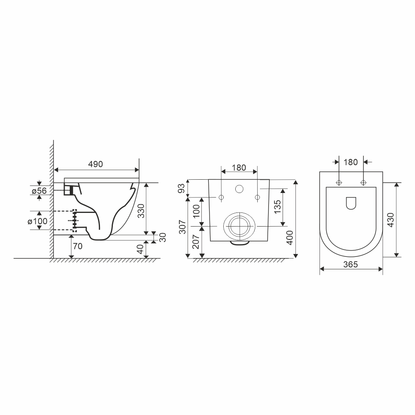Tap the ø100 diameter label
click(38, 221)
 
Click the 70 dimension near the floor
click(77, 246)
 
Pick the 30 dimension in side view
click(162, 237)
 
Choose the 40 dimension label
click(140, 249)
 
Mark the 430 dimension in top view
click(391, 220)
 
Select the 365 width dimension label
click(351, 265)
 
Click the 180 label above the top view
click(351, 162)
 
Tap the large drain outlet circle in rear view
click(237, 226)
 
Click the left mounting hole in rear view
click(221, 197)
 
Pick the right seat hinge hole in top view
click(363, 183)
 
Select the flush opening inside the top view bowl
click(351, 203)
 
